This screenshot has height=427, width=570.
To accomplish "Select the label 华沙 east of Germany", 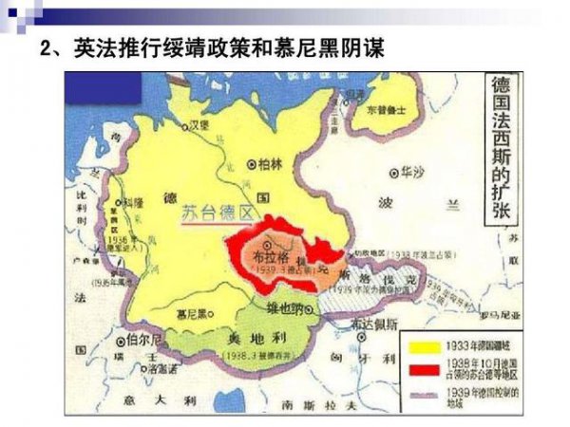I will pyautogui.click(x=410, y=173).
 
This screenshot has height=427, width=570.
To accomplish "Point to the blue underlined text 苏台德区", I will pyautogui.click(x=219, y=213).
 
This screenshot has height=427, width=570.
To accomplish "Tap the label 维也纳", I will pyautogui.click(x=284, y=307).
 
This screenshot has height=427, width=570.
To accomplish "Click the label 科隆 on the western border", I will pyautogui.click(x=134, y=202).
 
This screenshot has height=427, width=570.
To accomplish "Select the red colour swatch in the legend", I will pyautogui.click(x=424, y=366).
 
